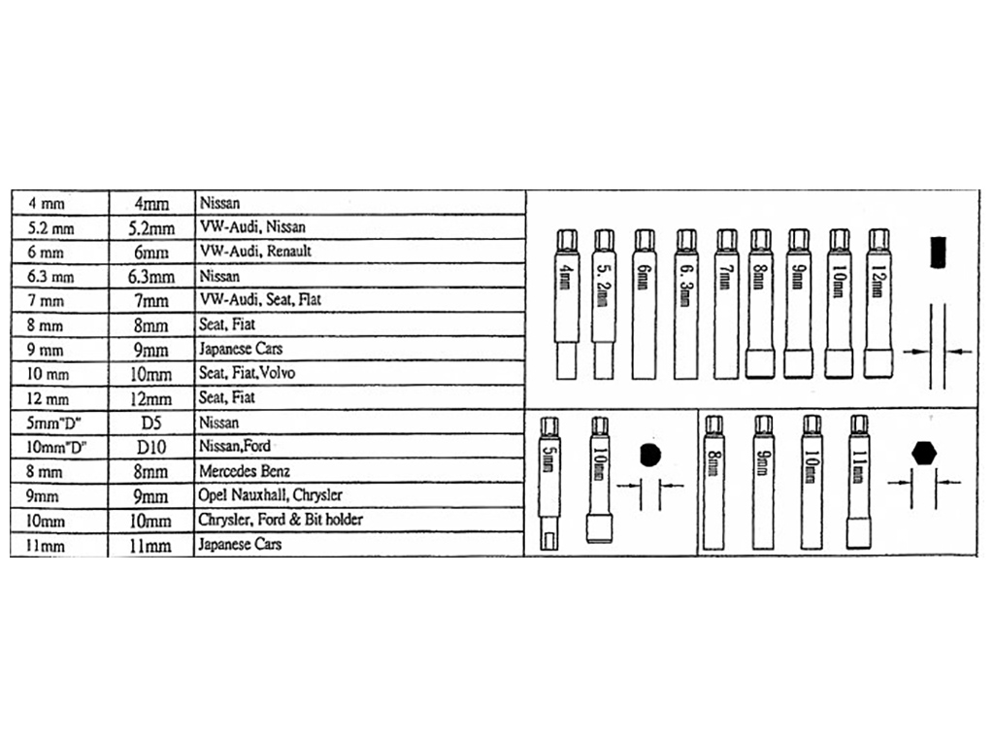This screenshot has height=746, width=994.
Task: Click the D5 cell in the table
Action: click(150, 423)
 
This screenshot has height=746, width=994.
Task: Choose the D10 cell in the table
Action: click(150, 447)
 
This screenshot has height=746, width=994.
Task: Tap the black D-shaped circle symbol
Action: click(649, 456)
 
